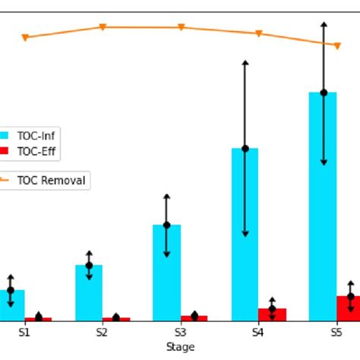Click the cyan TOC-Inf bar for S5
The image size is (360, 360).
[323, 228]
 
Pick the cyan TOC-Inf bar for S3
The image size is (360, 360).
[166, 281]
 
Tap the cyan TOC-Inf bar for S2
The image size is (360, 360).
[89, 296]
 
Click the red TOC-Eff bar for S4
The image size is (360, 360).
[272, 314]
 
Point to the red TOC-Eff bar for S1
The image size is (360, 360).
[38, 319]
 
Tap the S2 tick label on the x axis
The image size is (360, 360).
[103, 332]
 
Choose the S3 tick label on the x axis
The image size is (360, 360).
[181, 332]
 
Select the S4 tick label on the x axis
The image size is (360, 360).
[258, 332]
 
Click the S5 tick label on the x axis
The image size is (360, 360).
[336, 332]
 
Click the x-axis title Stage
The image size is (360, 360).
[181, 347]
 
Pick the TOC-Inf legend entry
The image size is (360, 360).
[35, 136]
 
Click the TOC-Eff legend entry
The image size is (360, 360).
[35, 151]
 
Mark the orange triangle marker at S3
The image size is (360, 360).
[181, 27]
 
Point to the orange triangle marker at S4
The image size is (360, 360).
[258, 33]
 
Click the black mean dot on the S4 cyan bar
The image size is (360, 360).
[245, 148]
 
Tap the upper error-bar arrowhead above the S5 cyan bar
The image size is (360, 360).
[324, 26]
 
